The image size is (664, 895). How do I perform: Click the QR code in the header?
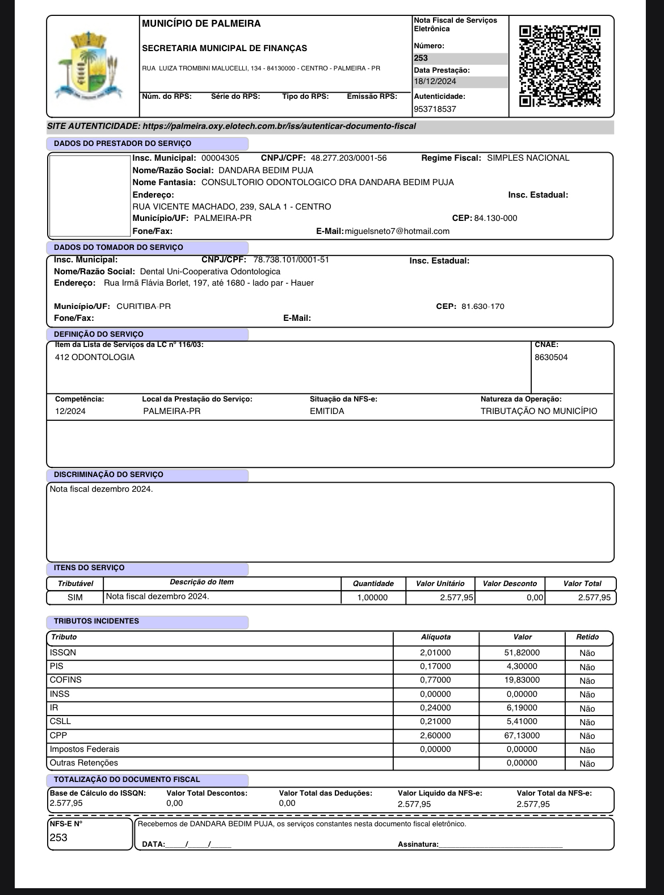[x=560, y=66]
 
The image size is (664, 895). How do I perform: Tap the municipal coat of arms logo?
[x=87, y=65]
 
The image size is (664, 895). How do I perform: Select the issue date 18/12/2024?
[x=435, y=81]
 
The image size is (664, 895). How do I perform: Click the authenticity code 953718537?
[x=435, y=109]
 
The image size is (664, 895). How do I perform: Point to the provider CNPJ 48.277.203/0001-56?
[x=348, y=158]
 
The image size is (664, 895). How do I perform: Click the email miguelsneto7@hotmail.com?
[x=397, y=231]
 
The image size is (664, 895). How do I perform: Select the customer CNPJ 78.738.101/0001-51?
[x=291, y=260]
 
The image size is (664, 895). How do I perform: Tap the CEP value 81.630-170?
[x=482, y=307]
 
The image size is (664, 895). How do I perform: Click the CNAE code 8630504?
[x=550, y=357]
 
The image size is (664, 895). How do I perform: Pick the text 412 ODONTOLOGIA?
[x=95, y=357]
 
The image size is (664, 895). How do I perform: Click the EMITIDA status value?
[x=327, y=411]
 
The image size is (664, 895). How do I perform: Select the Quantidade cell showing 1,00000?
[x=372, y=597]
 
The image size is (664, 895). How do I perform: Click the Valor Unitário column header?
[x=440, y=583]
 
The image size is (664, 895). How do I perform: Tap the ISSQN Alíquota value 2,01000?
[x=435, y=653]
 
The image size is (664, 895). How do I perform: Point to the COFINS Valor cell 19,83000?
[x=522, y=680]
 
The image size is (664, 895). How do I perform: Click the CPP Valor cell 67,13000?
[x=522, y=735]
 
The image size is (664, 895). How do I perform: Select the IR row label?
[x=54, y=708]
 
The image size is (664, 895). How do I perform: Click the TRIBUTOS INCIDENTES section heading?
[x=96, y=621]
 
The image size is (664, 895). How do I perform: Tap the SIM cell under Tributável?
[x=75, y=597]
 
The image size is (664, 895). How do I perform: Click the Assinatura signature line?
[x=499, y=844]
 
